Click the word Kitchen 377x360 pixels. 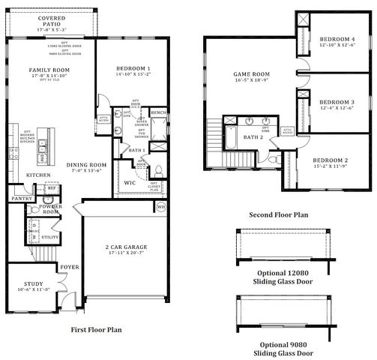[x=38, y=175]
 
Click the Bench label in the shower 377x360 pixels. [x=158, y=112]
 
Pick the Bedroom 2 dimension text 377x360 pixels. [x=331, y=166]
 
